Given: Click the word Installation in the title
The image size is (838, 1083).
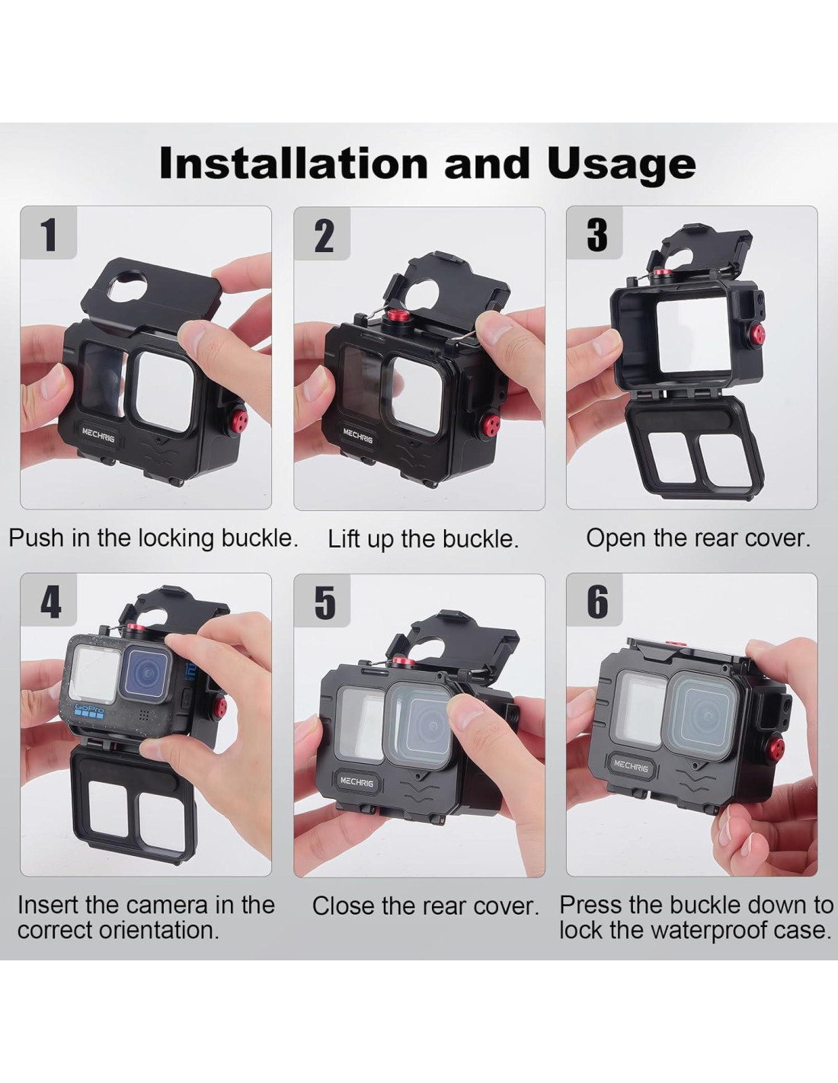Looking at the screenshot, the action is [x=293, y=162].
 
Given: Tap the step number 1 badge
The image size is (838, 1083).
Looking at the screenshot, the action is [x=49, y=234].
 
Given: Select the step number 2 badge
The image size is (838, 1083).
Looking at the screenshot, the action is [x=322, y=235].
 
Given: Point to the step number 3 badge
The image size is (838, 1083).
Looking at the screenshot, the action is [x=595, y=234].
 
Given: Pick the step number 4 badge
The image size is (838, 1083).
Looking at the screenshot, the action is [x=49, y=601].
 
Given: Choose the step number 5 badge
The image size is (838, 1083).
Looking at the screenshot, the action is [x=322, y=602].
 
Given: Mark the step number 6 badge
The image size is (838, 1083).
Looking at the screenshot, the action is [x=595, y=601].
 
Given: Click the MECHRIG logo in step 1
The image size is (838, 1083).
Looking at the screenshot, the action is [x=98, y=434].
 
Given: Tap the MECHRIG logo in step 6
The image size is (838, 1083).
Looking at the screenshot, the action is [x=631, y=766].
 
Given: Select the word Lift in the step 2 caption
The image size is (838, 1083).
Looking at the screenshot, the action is [x=343, y=539].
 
